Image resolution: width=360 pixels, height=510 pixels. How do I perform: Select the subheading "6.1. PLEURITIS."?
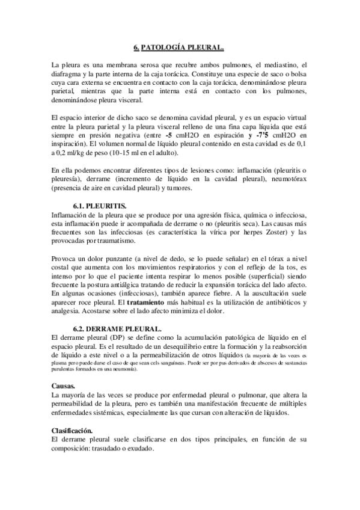(100, 206)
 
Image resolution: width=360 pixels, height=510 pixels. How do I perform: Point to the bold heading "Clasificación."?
(72, 431)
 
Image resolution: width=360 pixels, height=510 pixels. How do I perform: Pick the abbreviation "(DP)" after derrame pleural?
(110, 338)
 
